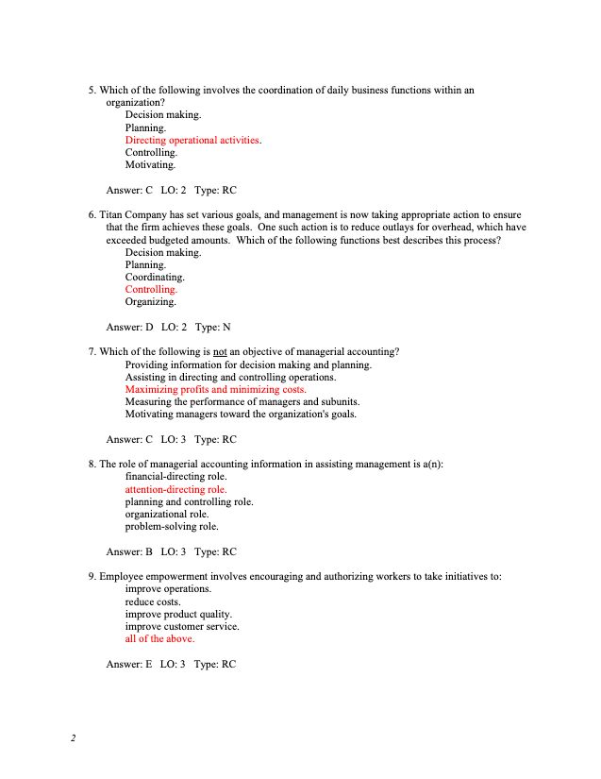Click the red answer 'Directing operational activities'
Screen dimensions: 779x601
[192, 140]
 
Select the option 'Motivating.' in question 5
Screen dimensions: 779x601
[150, 164]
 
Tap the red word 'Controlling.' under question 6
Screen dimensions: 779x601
[151, 290]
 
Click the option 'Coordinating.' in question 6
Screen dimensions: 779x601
[155, 278]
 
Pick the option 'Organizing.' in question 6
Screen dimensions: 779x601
[150, 302]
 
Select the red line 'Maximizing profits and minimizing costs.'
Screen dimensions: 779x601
[215, 389]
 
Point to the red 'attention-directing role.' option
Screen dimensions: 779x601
[175, 489]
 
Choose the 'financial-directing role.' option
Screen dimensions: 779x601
[175, 477]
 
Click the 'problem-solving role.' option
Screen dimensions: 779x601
[172, 526]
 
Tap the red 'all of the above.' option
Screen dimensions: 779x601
[159, 638]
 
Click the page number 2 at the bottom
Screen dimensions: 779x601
[73, 737]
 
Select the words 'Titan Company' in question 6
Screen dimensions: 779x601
[132, 215]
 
